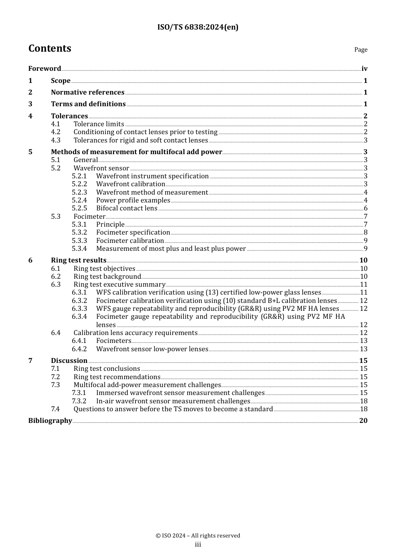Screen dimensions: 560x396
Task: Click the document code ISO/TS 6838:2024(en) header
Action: (x=198, y=27)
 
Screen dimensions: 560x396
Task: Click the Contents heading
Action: (x=50, y=48)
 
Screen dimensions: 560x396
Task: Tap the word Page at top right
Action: (x=361, y=50)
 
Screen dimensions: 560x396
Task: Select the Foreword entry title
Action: (x=45, y=69)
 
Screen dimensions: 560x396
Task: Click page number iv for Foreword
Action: (x=364, y=69)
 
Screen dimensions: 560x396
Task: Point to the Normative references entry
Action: (x=88, y=92)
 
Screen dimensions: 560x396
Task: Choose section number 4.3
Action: (x=56, y=140)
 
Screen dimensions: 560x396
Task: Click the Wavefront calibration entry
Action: (x=130, y=184)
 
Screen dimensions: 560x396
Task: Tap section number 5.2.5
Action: (x=79, y=208)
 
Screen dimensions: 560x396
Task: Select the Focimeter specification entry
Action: (x=133, y=232)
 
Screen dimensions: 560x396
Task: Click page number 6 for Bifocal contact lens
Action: (x=366, y=208)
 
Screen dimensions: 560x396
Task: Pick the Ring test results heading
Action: (x=78, y=260)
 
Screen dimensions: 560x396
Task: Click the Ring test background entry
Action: (x=107, y=277)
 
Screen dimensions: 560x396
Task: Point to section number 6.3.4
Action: (x=79, y=317)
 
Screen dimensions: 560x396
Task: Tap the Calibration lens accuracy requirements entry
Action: (x=135, y=333)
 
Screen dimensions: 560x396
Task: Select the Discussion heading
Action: (x=69, y=361)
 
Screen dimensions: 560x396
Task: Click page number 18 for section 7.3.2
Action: (x=363, y=401)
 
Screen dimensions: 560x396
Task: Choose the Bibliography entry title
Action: (x=50, y=421)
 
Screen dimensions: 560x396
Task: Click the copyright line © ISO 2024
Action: (x=198, y=536)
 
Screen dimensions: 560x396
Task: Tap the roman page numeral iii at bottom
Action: (x=198, y=545)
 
